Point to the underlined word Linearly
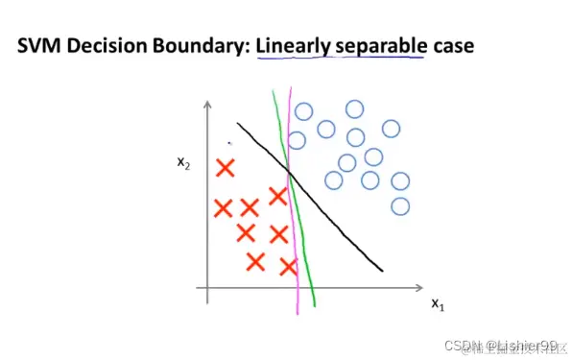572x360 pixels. pyautogui.click(x=293, y=45)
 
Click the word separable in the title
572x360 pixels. pyautogui.click(x=378, y=45)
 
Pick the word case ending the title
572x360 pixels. pyautogui.click(x=450, y=45)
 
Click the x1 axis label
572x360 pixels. pyautogui.click(x=437, y=305)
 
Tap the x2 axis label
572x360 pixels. pyautogui.click(x=183, y=162)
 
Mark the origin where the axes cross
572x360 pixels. pyautogui.click(x=207, y=287)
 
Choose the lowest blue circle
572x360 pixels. pyautogui.click(x=400, y=205)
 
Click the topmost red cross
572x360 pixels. pyautogui.click(x=226, y=169)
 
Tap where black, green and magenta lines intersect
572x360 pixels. pyautogui.click(x=290, y=172)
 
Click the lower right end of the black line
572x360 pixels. pyautogui.click(x=383, y=271)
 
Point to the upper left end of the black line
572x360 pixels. pyautogui.click(x=237, y=124)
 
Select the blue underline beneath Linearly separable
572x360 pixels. pyautogui.click(x=341, y=60)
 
